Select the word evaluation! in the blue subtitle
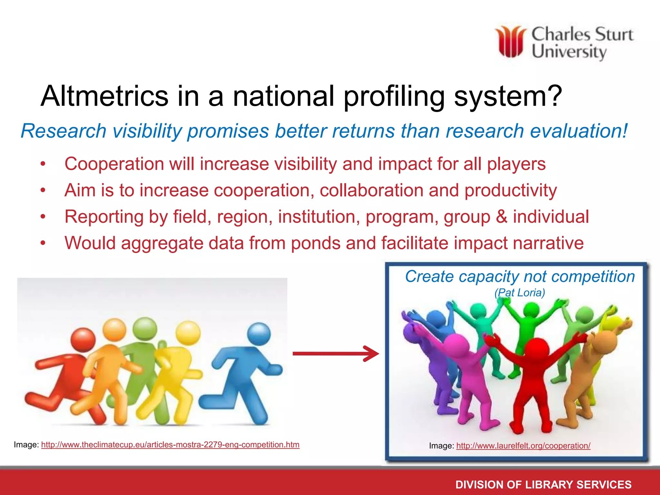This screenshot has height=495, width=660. tap(579, 131)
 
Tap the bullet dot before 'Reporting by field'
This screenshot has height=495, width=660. tap(43, 217)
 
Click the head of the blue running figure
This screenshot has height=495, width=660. tap(259, 334)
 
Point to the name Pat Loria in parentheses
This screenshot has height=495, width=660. tap(519, 293)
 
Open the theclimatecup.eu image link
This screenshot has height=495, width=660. tap(170, 445)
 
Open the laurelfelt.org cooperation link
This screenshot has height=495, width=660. tap(523, 446)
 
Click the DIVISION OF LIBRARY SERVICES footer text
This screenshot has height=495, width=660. tap(543, 484)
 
